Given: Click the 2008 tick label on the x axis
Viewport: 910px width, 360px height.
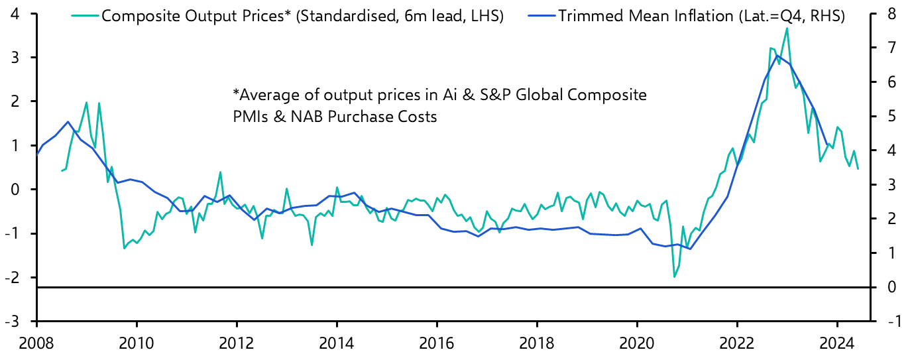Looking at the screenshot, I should click(x=36, y=344).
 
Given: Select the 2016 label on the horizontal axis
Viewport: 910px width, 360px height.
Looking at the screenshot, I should click(x=437, y=344).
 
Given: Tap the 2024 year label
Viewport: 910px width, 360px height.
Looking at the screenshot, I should click(x=837, y=344).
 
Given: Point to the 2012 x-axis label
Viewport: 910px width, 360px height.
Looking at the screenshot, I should click(x=237, y=344).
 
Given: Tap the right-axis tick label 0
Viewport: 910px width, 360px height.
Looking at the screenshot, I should click(x=891, y=287).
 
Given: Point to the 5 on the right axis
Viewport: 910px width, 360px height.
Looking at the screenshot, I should click(x=891, y=117).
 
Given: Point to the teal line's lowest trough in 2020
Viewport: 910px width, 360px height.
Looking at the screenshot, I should click(x=675, y=276).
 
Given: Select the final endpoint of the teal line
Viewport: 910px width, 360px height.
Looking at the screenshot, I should click(x=858, y=168).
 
